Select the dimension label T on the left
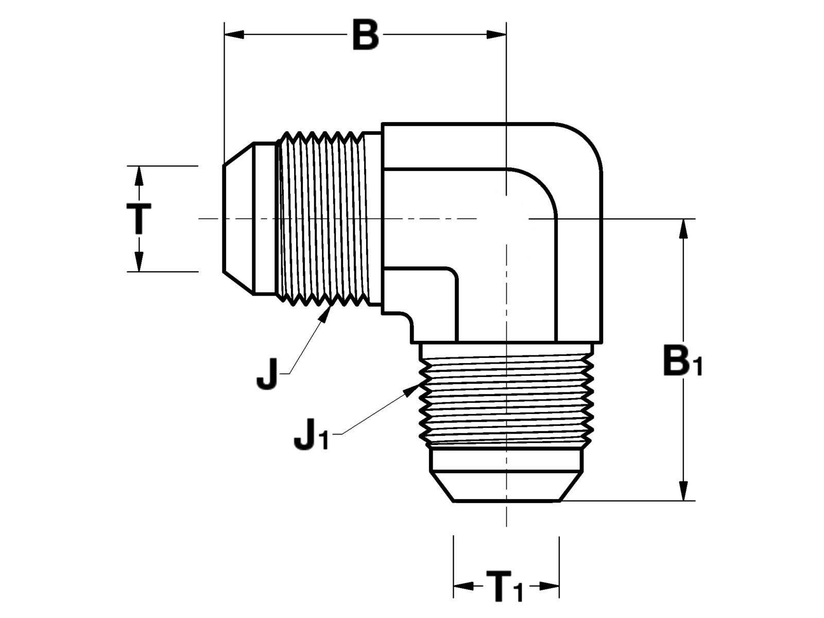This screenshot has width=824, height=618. [139, 218]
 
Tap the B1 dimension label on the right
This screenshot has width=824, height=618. [683, 362]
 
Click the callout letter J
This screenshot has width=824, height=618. [267, 374]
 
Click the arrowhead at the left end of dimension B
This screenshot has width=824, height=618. [234, 35]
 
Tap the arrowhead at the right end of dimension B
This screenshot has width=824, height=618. [496, 35]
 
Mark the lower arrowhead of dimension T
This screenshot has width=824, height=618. [139, 262]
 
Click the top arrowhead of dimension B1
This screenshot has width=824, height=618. [684, 228]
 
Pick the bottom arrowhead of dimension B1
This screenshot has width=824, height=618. [684, 491]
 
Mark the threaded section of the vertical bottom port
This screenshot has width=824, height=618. [506, 400]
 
